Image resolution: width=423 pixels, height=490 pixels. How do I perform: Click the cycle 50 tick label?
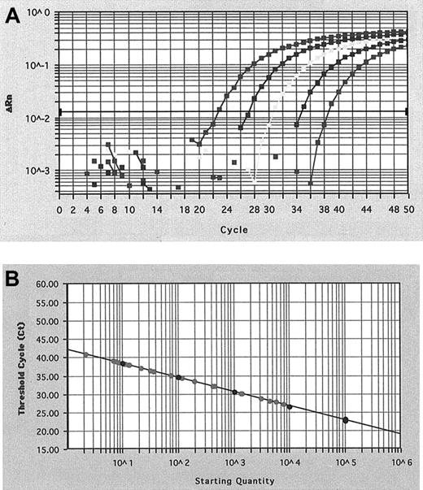(408, 210)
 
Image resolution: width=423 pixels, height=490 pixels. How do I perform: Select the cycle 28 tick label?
(255, 210)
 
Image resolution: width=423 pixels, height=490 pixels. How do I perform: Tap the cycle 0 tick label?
(59, 210)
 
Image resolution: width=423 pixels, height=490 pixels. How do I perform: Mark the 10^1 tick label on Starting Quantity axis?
(123, 462)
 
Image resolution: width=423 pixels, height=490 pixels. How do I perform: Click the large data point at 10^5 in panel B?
(346, 420)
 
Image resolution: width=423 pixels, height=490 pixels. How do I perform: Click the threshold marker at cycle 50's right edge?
(407, 111)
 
